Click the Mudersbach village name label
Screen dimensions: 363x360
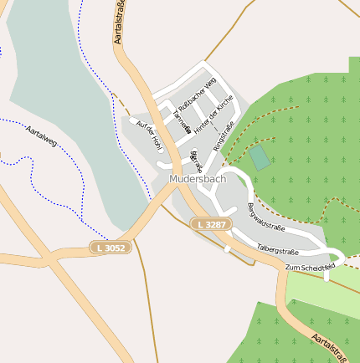click(197, 179)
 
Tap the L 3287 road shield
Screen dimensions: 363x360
click(209, 224)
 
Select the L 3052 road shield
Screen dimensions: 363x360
click(111, 248)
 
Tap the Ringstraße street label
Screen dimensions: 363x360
click(222, 136)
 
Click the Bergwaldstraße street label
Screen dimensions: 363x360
click(265, 217)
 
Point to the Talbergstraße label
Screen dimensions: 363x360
click(277, 248)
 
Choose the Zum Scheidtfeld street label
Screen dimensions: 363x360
click(309, 267)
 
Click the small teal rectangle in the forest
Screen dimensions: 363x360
click(260, 157)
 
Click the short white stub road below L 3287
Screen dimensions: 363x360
click(227, 248)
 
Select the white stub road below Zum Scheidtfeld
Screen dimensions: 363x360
click(327, 275)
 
